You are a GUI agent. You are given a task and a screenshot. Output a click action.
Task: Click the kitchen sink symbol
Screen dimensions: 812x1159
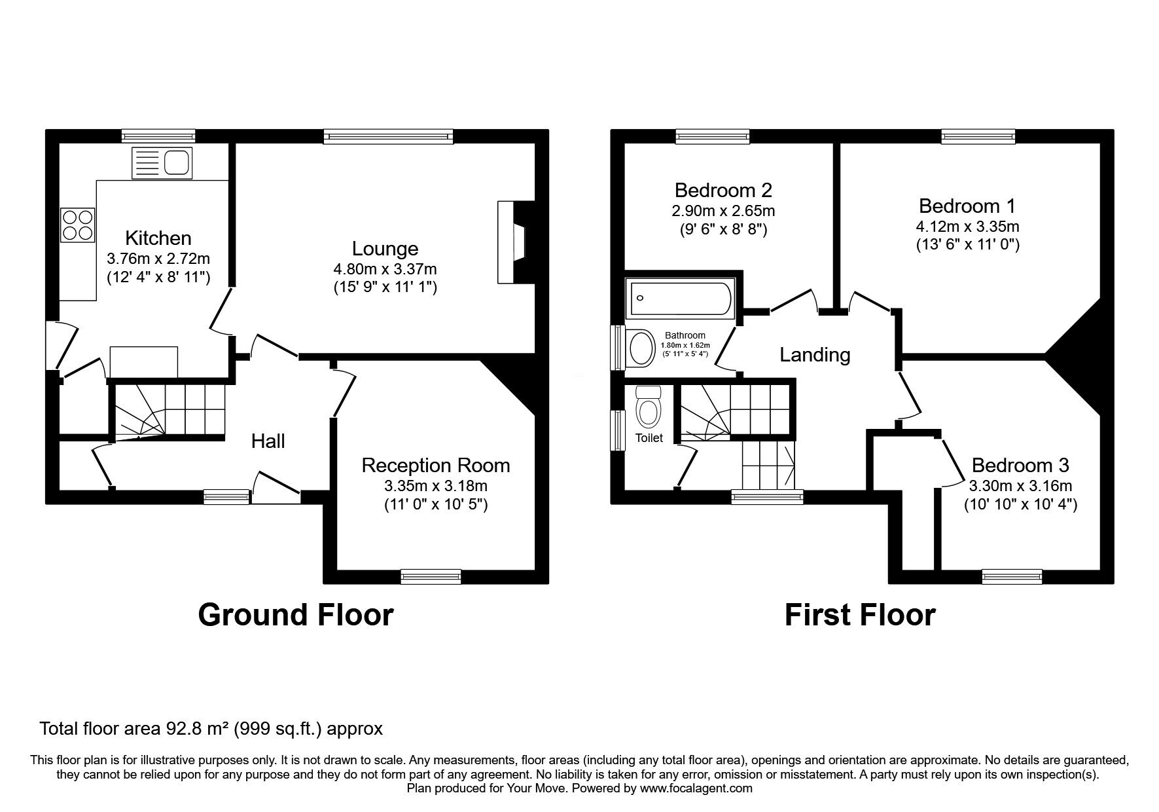pos(162,162)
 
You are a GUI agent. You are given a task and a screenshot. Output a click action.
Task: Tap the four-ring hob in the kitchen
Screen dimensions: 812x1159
pos(78,224)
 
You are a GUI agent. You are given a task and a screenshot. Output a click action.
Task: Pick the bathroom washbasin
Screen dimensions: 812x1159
pos(640,348)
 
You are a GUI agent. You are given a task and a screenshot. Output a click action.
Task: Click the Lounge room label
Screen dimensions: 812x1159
pos(385,249)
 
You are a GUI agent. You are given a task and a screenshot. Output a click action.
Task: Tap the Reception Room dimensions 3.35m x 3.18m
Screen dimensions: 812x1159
pos(435,486)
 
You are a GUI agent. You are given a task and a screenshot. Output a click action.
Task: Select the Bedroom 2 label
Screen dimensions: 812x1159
pos(723,191)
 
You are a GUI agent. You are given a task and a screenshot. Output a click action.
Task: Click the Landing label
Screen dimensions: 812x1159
pos(815,355)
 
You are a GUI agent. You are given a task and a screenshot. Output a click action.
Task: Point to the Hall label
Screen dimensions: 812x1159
pos(268,441)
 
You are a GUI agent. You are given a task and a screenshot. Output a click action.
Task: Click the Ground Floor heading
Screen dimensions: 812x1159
pos(296,616)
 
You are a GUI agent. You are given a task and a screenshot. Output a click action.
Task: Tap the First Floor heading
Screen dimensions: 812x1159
pos(859,616)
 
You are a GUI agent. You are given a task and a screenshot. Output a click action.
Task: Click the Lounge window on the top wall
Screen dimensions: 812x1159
pos(388,136)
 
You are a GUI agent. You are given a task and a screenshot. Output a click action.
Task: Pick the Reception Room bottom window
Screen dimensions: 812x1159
pos(431,576)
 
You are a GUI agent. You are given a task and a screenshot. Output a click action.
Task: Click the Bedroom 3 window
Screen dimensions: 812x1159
pos(1012,576)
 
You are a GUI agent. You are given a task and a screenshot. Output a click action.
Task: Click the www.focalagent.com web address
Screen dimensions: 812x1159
pos(696,788)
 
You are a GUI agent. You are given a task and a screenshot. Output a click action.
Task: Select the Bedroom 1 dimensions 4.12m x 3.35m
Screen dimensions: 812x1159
pos(967,227)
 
